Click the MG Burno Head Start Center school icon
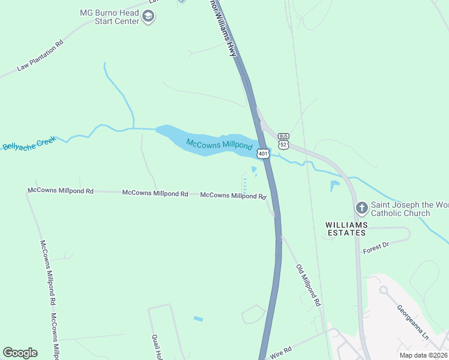point(148,17)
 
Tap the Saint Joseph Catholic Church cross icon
point(361,208)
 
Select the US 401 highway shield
point(263,154)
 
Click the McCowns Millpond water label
point(219,145)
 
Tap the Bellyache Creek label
point(28,143)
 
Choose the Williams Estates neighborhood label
point(346,228)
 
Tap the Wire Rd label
point(280,352)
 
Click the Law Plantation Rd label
point(40,56)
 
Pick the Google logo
point(20,353)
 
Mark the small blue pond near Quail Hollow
point(198,319)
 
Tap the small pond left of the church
point(334,186)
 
